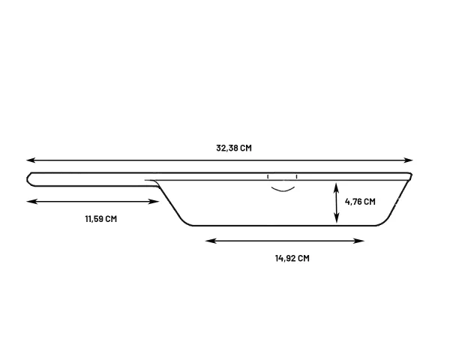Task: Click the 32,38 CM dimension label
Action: coord(234,148)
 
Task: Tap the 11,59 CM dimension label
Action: coord(101,219)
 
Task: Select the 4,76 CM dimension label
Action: coord(360,202)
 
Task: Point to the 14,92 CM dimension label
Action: coord(292,258)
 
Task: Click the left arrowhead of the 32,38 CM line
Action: coord(30,160)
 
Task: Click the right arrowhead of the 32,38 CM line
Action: coord(409,160)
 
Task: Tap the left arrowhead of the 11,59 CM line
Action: coord(30,202)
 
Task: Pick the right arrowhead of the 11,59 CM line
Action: coord(155,202)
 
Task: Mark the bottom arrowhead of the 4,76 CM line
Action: coord(337,219)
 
